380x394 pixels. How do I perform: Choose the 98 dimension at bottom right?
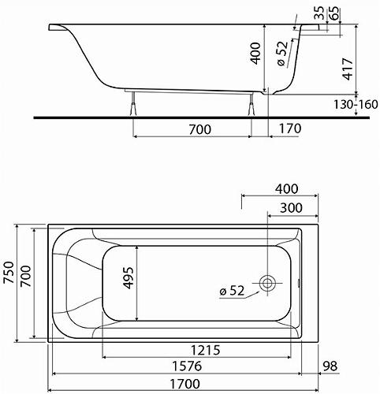tap(332, 366)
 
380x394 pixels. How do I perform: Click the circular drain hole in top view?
tap(269, 284)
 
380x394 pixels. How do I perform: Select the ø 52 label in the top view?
tap(234, 292)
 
